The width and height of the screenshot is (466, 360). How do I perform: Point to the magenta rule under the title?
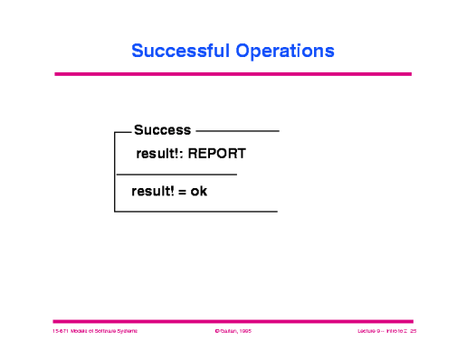[233, 74]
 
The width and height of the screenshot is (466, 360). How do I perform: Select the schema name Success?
[162, 131]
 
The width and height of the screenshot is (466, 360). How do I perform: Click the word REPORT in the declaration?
[216, 154]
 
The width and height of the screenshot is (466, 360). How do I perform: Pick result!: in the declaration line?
[158, 154]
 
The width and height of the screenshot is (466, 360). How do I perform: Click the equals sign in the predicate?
[181, 192]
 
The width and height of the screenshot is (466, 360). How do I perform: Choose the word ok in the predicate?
[198, 191]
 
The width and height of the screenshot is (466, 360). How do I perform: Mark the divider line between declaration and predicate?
[176, 174]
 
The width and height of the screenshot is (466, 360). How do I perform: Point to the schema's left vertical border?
[115, 172]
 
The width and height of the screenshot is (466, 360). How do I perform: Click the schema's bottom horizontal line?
[195, 212]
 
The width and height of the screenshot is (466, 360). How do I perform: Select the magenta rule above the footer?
[233, 320]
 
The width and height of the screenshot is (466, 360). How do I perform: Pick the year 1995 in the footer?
[246, 333]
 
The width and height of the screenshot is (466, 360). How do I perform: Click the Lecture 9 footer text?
[370, 333]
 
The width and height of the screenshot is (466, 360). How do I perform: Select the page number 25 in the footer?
[413, 333]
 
